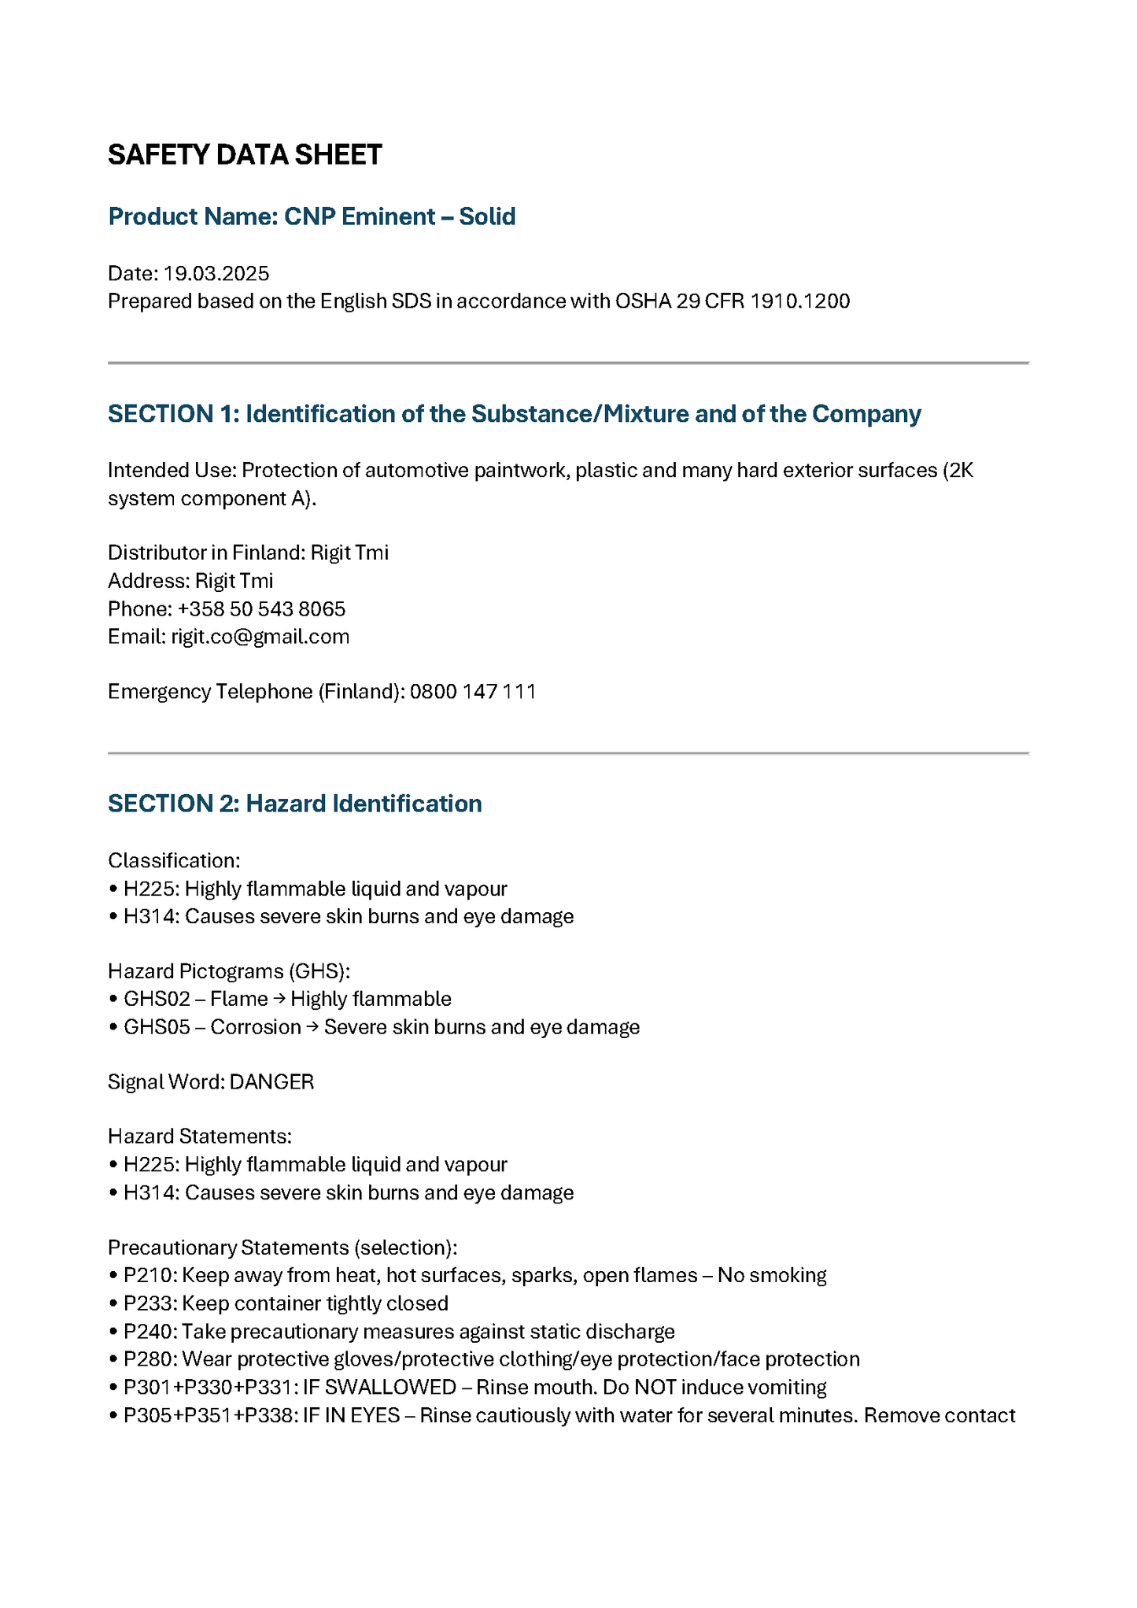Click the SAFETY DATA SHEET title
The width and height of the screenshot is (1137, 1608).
coord(245,155)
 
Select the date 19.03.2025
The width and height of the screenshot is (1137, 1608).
coord(216,274)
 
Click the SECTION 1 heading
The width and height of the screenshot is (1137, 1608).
coord(514,414)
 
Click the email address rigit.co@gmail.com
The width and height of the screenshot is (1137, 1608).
coord(260,637)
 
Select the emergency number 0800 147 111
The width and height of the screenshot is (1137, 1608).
coord(473,692)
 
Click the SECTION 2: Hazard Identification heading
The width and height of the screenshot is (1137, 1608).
coord(294,804)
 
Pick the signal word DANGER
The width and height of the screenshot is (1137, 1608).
coord(271,1082)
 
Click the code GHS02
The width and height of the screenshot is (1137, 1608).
coord(157,1000)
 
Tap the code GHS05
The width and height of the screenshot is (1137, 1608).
coord(157,1028)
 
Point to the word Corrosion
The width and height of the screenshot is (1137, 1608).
coord(256,1028)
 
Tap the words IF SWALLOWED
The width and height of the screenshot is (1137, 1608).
coord(379,1388)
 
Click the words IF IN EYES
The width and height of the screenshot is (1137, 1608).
coord(351,1416)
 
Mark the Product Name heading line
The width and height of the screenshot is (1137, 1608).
coord(312,216)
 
